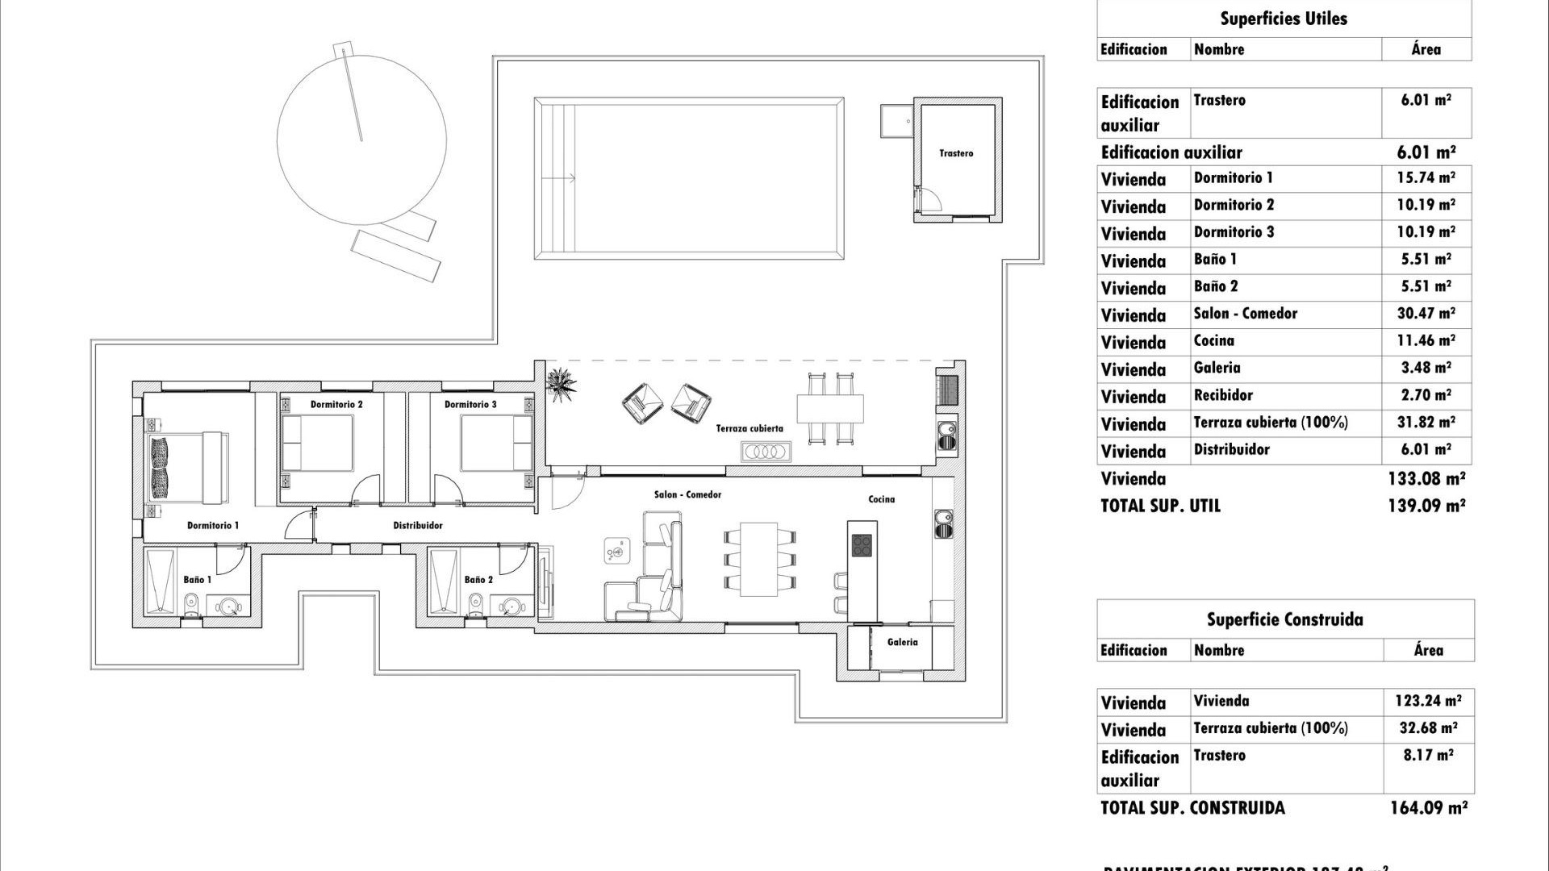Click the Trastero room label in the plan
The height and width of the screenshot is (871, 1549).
956,153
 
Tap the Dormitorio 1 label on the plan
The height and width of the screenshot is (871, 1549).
213,525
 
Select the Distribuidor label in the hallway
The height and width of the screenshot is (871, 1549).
418,525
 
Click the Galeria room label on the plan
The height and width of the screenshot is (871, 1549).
902,642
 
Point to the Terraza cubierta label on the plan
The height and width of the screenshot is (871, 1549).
749,428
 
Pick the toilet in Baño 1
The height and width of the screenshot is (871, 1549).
192,602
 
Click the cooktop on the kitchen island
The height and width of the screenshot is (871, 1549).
862,545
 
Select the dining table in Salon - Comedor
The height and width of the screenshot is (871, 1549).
759,559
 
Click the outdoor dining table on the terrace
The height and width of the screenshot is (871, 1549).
830,407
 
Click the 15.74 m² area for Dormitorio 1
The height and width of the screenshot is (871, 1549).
1426,178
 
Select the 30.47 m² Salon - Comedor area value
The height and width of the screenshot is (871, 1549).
1426,314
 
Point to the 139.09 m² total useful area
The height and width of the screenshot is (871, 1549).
1426,506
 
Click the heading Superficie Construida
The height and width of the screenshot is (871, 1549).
1284,619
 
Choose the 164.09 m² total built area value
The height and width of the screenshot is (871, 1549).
1427,807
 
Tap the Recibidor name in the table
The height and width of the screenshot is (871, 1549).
1223,395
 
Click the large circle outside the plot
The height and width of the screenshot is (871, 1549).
361,140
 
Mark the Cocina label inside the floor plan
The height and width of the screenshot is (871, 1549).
881,499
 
